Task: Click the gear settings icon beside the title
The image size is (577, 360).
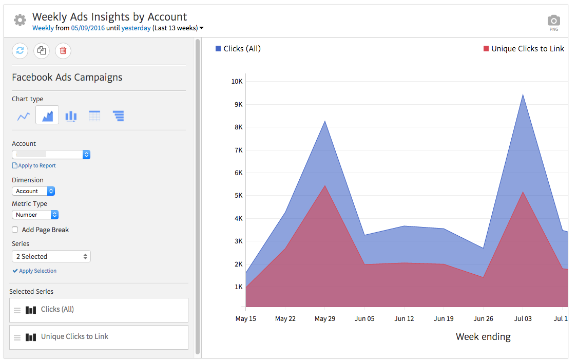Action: tap(20, 21)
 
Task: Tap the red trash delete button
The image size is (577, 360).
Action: tap(63, 50)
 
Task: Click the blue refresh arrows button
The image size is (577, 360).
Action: tap(20, 50)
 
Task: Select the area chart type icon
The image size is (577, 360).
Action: tap(47, 116)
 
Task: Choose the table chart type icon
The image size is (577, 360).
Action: tap(94, 116)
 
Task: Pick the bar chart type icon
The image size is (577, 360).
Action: tap(71, 116)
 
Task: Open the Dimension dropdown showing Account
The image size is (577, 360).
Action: tap(33, 191)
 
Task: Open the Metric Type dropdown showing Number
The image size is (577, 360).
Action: tap(35, 215)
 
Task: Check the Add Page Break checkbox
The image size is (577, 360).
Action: tap(15, 230)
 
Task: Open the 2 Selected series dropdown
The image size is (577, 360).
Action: tap(51, 256)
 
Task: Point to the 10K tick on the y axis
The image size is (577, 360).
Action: tap(237, 81)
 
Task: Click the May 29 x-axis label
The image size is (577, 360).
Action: tap(325, 319)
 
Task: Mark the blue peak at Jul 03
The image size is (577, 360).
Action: tap(523, 94)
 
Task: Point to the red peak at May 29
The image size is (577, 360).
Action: tap(325, 186)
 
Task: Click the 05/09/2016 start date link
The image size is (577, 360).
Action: tap(88, 28)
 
